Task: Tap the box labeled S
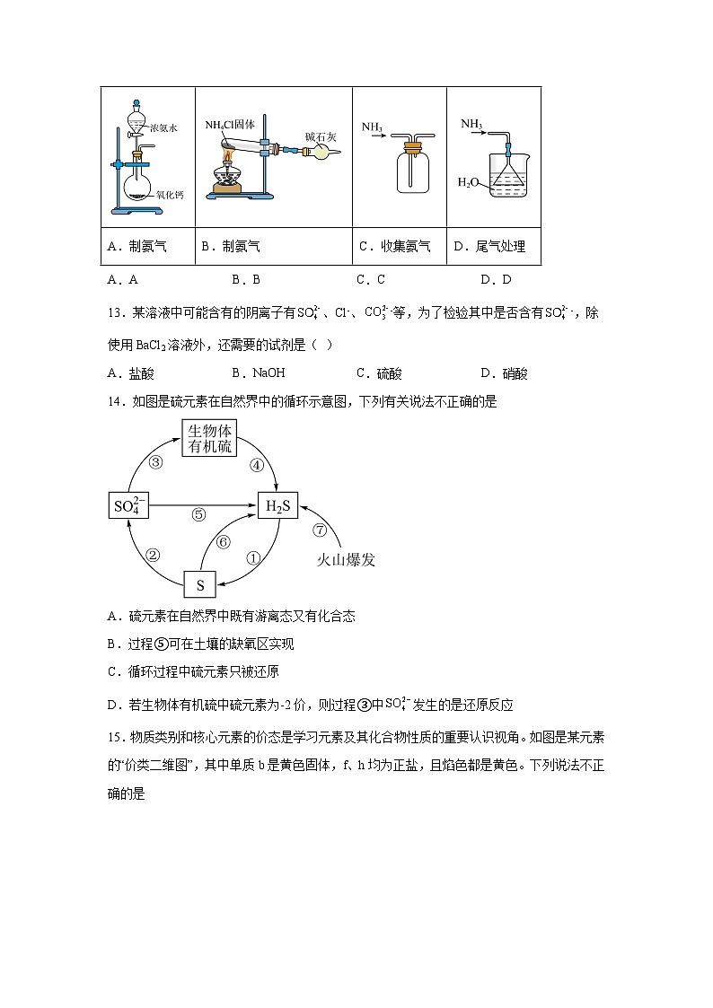(199, 585)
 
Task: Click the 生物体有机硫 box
(210, 438)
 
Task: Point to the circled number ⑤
(199, 515)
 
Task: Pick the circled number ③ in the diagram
(155, 463)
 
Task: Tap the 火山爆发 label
(345, 560)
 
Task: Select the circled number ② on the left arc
(154, 555)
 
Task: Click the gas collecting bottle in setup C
(414, 171)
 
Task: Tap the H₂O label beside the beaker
(468, 182)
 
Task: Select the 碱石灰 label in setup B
(320, 136)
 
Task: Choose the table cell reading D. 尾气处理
(494, 246)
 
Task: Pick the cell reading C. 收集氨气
(399, 246)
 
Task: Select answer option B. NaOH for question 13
(258, 373)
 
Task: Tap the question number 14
(114, 402)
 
